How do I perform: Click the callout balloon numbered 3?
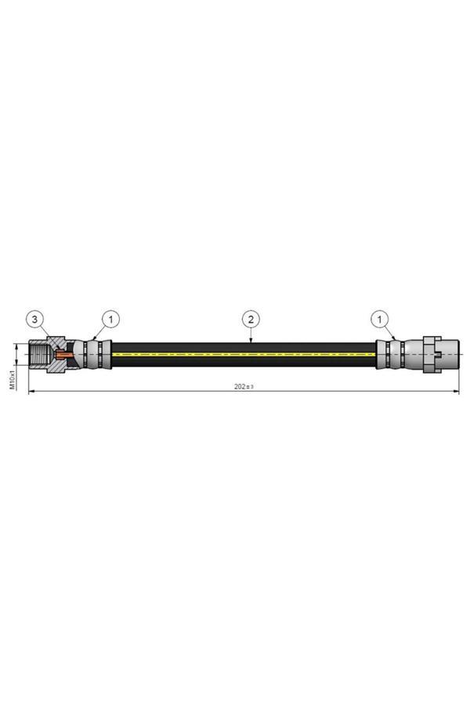tap(36, 319)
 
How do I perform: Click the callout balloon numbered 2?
tap(251, 319)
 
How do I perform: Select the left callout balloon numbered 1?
tap(111, 319)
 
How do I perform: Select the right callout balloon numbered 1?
tap(381, 319)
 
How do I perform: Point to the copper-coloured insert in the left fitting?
tap(63, 356)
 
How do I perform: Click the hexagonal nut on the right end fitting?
tap(430, 354)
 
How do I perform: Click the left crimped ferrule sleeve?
tap(98, 354)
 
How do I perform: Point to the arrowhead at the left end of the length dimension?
tap(32, 392)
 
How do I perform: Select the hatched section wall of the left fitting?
tap(55, 345)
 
